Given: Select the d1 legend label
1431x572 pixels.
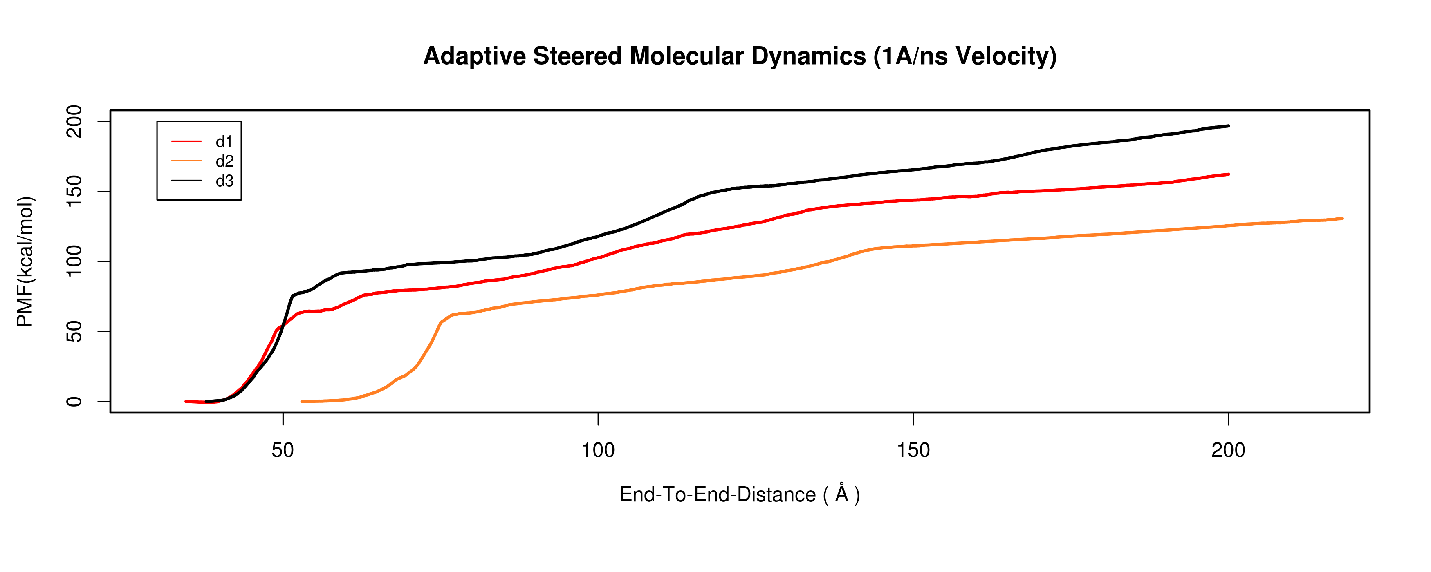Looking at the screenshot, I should click(x=224, y=142).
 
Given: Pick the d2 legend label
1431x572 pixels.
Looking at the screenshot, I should click(x=224, y=161).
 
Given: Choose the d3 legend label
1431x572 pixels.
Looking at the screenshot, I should click(x=224, y=181).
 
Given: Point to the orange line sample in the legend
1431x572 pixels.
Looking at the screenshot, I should click(x=186, y=161).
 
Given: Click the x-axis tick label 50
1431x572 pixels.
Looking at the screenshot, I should click(x=283, y=450).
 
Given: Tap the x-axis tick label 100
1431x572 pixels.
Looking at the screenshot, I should click(x=598, y=450).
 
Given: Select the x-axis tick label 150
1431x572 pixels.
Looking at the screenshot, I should click(x=913, y=450).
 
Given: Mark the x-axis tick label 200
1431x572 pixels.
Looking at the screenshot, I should click(x=1228, y=450).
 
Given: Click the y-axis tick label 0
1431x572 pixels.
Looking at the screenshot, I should click(x=74, y=402).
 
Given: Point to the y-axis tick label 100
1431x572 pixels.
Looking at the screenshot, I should click(x=74, y=261).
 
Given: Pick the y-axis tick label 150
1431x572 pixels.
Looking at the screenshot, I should click(x=74, y=192).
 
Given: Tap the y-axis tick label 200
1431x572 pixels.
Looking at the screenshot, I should click(x=74, y=122).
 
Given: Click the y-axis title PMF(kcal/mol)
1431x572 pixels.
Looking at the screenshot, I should click(x=25, y=261).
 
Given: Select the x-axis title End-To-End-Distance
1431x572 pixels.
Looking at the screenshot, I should click(x=717, y=494).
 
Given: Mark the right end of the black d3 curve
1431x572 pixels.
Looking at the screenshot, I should click(x=1228, y=126).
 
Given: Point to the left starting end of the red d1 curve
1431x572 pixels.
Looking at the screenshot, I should click(x=186, y=401).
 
